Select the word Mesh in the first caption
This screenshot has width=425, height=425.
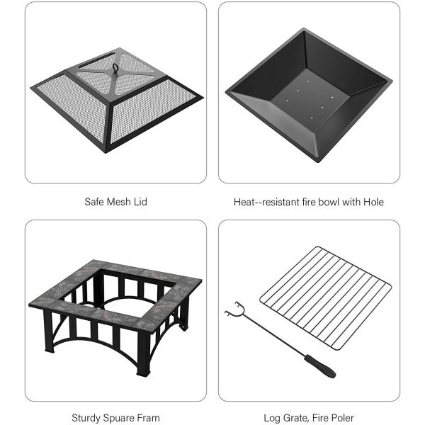[x=119, y=202]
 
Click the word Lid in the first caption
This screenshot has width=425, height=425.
[x=142, y=202]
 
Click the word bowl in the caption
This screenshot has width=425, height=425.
[x=327, y=202]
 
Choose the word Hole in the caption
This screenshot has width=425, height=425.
[x=373, y=202]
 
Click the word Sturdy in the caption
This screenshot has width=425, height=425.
[x=86, y=418]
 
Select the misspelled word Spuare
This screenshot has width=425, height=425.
[x=118, y=418]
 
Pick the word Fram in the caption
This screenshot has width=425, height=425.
[x=147, y=418]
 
